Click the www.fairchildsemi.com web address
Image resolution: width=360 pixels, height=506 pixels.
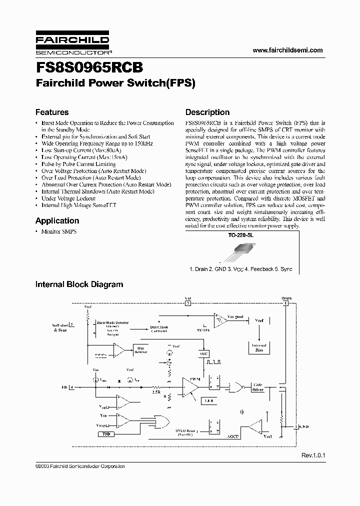287,50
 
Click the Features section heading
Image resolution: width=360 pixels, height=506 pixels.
52,112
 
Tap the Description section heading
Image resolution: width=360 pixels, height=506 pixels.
207,112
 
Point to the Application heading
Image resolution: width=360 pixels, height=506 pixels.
57,220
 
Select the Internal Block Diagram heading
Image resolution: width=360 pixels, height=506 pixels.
79,284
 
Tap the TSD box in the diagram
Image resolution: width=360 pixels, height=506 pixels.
105,434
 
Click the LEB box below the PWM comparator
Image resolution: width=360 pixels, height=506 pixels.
208,401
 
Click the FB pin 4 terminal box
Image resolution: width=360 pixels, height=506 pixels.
71,386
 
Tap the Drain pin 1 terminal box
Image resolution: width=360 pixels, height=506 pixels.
286,303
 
